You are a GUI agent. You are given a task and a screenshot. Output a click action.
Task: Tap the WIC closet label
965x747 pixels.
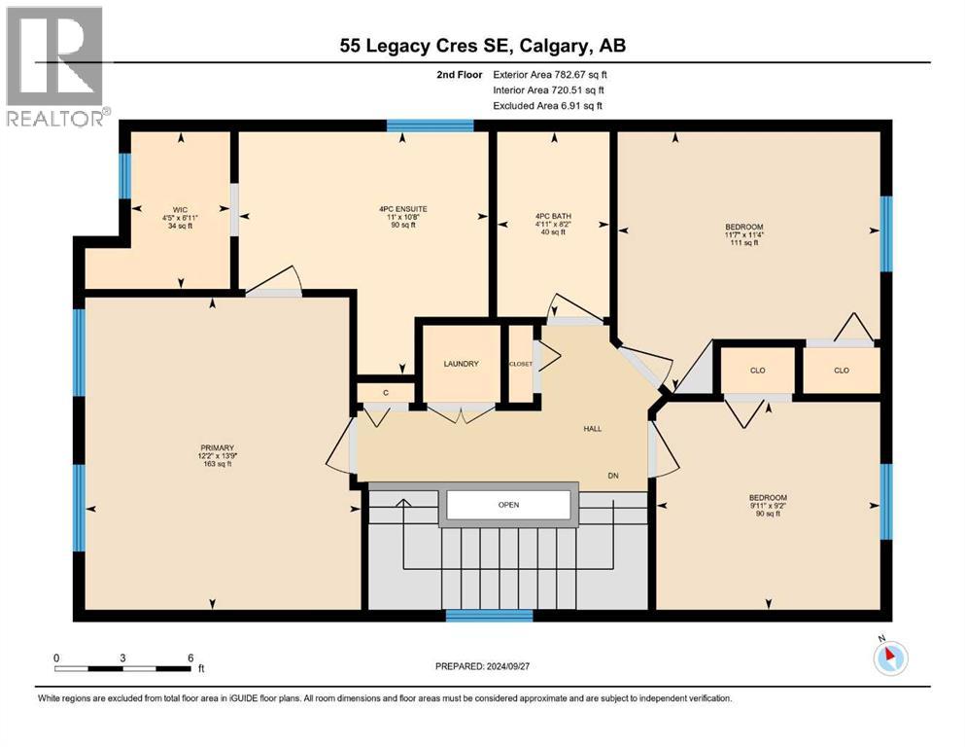coord(180,208)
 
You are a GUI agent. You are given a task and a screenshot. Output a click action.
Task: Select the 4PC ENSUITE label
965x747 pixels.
coord(403,208)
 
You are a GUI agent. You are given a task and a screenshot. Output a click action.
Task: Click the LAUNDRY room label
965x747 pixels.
coord(461,364)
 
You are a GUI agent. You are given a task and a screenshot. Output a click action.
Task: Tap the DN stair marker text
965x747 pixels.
coord(613,476)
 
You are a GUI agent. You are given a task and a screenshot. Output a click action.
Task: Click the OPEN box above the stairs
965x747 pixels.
coord(507,505)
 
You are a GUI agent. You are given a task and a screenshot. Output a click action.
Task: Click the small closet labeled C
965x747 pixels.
coord(385,392)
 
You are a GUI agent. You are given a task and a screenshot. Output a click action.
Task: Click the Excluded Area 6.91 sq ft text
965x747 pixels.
coord(547,105)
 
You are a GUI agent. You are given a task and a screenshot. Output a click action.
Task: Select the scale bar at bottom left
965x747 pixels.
coord(123,667)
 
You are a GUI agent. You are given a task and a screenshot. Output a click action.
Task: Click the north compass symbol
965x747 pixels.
coord(889,658)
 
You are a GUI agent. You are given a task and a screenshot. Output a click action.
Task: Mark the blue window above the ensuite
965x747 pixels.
coord(430,124)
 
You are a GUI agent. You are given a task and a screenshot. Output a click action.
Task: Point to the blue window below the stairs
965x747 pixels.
coord(489,615)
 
